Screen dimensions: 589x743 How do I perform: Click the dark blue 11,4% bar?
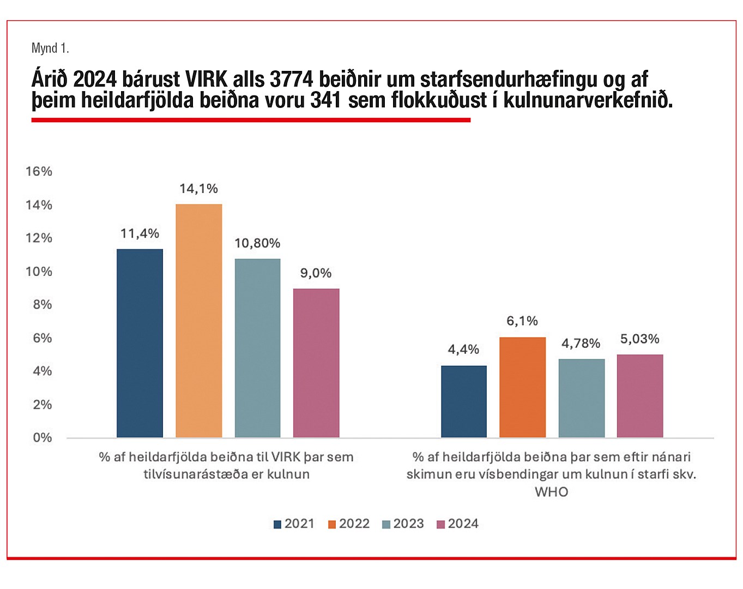click(140, 343)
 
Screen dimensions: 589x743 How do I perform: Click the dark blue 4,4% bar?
click(463, 401)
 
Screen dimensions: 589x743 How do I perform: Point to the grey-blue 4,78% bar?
click(581, 398)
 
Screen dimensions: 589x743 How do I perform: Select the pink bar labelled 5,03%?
click(640, 396)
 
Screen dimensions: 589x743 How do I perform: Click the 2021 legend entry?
click(294, 524)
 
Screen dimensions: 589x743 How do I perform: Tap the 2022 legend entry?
click(348, 524)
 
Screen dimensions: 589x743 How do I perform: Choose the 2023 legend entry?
click(403, 524)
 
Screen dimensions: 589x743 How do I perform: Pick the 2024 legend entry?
click(457, 524)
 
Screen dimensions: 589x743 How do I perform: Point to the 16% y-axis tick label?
click(39, 171)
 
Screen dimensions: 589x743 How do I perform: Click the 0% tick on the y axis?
click(42, 437)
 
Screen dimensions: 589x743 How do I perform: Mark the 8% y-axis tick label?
click(42, 304)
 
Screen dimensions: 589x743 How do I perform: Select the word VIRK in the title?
click(206, 80)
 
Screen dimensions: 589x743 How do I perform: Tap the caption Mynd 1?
click(50, 48)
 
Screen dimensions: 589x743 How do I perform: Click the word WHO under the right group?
click(551, 492)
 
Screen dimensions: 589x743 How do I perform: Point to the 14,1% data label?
click(198, 189)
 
